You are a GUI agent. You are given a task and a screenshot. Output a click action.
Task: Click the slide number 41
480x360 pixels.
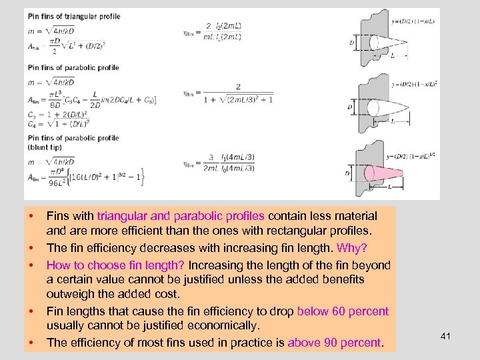point(446,336)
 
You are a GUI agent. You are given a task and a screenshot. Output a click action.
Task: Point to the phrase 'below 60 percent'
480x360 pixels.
point(343,311)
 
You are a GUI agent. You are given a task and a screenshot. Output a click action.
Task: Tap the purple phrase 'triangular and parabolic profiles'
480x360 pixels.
point(181,216)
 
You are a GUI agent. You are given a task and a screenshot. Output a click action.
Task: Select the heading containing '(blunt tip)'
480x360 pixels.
point(73,142)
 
